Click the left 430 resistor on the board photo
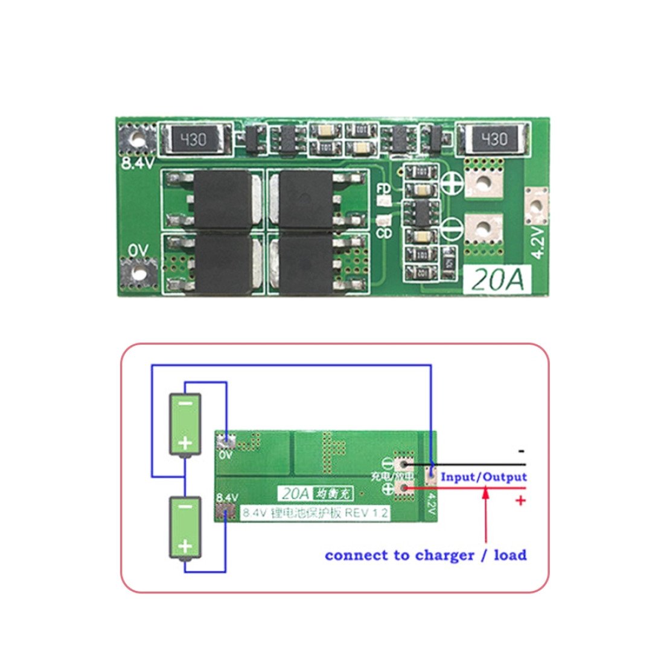194,140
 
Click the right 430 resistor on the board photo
493,140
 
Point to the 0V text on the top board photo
137,250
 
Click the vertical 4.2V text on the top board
538,242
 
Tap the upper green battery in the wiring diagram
185,424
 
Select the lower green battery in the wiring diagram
185,528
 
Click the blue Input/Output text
484,477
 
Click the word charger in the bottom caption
444,555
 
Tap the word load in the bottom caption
510,555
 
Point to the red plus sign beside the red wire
520,500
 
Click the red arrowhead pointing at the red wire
485,493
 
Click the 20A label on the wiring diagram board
296,493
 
